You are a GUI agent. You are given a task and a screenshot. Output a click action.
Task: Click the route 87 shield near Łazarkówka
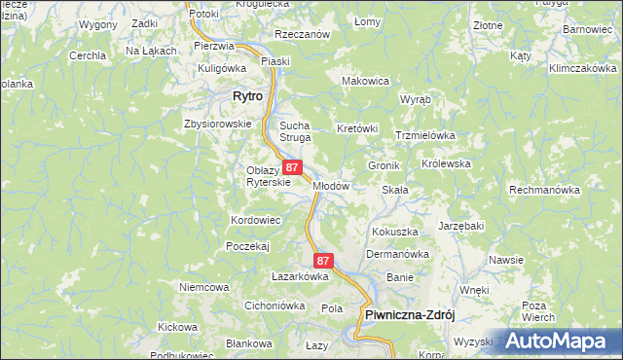tap(324, 261)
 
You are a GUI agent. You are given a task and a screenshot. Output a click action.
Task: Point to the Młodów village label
tap(331, 186)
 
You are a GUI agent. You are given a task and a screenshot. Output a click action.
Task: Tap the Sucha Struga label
tap(295, 132)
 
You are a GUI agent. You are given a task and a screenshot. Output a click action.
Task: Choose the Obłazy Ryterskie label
tap(264, 177)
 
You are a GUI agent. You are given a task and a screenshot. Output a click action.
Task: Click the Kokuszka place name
tap(395, 233)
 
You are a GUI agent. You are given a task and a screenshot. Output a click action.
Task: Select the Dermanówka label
tap(397, 255)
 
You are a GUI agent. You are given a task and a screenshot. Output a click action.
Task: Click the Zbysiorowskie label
tap(217, 125)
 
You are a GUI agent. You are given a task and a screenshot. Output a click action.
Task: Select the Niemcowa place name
tap(203, 288)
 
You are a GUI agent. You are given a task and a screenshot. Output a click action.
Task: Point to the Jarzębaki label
tap(460, 226)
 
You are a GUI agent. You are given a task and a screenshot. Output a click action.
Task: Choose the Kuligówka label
tap(222, 68)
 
